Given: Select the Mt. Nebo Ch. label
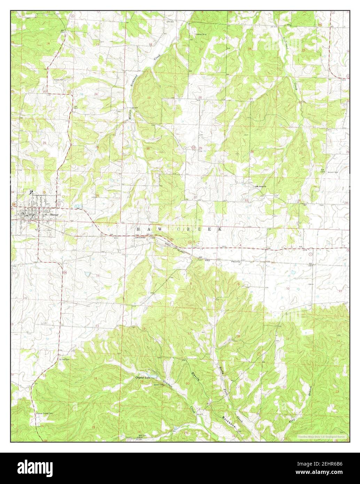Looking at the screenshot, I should click(x=261, y=186).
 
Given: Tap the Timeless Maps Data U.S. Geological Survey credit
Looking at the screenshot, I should click(x=321, y=436).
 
